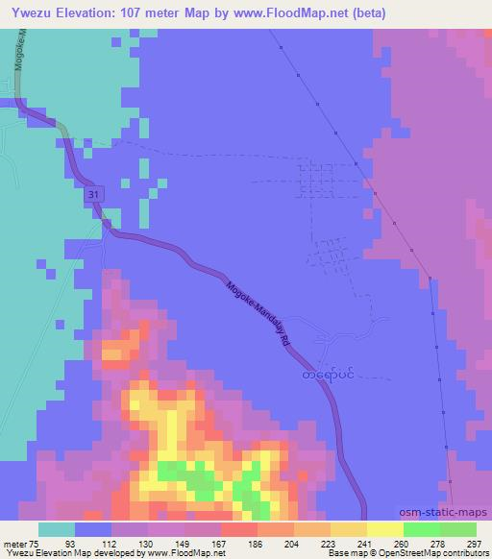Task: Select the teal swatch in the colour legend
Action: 58,529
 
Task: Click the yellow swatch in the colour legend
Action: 384,529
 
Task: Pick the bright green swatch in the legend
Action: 421,529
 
